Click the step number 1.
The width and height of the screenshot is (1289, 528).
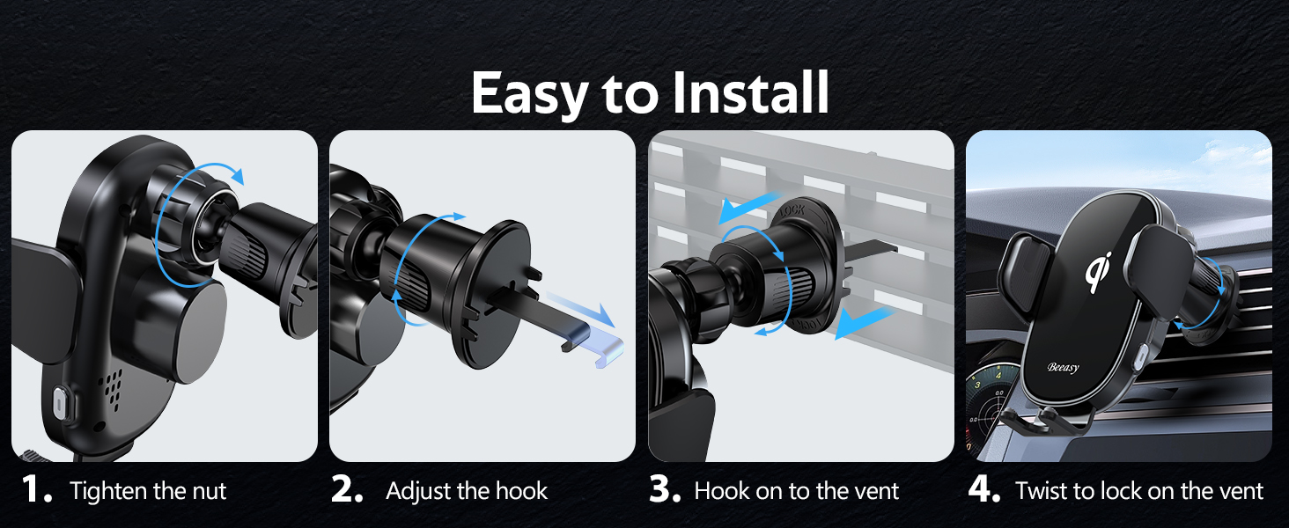39,491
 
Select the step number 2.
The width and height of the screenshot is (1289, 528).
347,491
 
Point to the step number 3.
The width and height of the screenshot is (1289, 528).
665,491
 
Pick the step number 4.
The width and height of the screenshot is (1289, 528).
983,491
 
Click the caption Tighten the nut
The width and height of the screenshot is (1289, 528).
148,491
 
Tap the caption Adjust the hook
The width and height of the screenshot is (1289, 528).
467,491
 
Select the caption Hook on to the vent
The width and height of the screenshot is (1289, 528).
797,491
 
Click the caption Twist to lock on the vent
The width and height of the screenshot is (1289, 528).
1139,491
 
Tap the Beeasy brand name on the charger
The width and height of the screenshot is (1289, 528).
1063,368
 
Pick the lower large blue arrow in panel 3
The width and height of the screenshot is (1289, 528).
864,322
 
